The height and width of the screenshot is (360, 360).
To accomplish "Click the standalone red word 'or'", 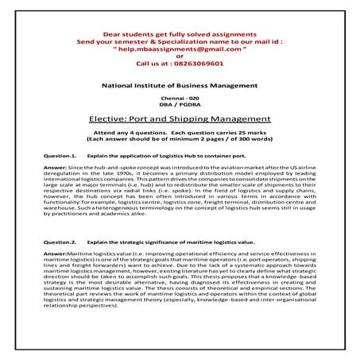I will coord(180,58).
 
